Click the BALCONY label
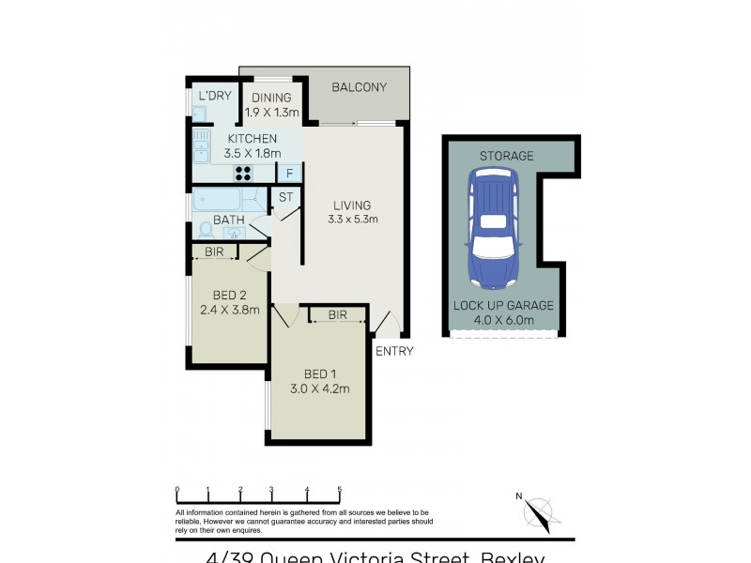(360, 87)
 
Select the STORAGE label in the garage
(506, 156)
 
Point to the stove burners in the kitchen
(243, 173)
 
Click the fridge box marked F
(289, 173)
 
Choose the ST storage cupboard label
(285, 197)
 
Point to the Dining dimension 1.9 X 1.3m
(271, 113)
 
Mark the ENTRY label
(393, 351)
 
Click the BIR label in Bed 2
(213, 251)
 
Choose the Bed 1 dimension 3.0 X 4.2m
(320, 389)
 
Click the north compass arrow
(538, 513)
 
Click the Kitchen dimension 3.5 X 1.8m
(253, 153)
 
